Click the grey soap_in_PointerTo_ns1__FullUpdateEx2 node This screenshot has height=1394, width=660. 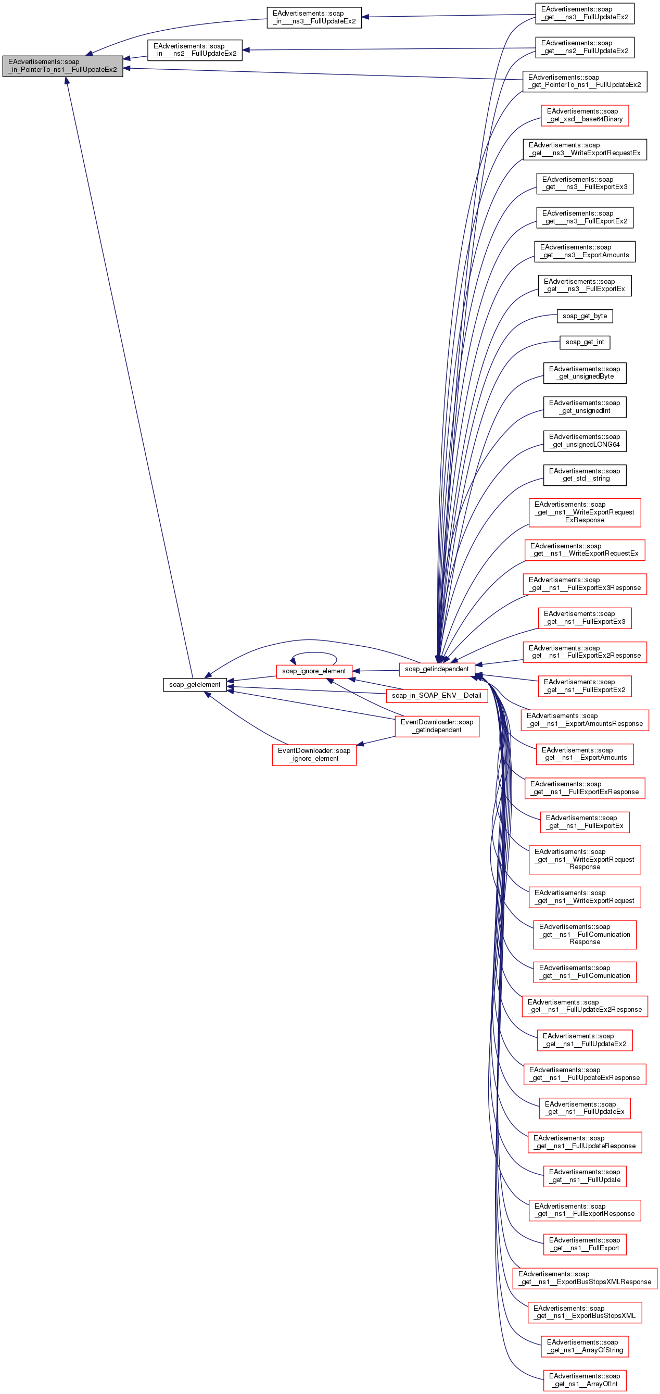63,66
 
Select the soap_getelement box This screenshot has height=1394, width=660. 195,685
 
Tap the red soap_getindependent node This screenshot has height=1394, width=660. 437,669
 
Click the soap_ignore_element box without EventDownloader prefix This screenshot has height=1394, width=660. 314,671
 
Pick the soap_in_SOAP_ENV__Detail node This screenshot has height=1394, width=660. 437,695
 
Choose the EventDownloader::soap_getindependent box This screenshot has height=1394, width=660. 437,726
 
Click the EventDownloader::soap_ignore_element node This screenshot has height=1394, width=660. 314,755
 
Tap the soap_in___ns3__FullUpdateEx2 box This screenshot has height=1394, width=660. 314,17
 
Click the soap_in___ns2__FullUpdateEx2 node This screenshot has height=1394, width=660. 195,50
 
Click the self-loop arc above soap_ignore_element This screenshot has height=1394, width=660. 314,653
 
